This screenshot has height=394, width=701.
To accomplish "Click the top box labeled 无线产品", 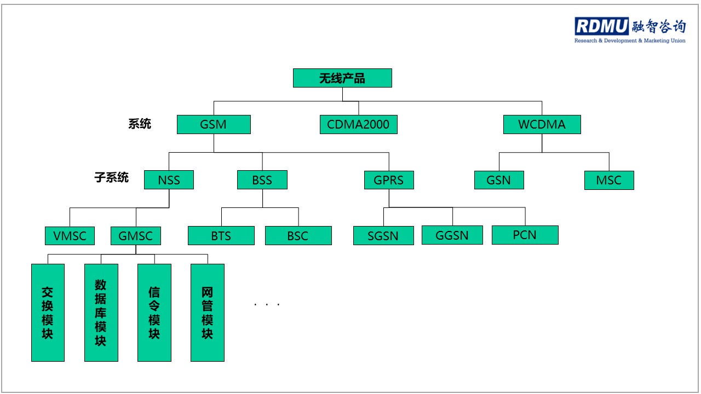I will coord(342,78).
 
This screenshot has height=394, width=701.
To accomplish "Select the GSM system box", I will coord(214,124).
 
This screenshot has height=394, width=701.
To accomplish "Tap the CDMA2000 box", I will coord(358,124).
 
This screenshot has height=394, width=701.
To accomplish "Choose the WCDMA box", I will coord(542,124).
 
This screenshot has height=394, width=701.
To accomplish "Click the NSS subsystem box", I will coord(169,179).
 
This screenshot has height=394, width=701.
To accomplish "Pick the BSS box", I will coord(262,179).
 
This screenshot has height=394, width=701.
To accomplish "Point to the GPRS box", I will coord(389,179).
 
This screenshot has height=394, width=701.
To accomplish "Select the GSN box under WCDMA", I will coord(499,180).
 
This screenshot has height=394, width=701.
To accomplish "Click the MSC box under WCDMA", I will coord(609,180).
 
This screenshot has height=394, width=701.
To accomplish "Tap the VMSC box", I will coord(70,236).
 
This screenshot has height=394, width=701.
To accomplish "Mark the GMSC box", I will coord(136,236).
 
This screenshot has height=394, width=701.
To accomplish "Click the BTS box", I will coord(221,236).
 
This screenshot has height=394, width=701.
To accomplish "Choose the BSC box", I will coord(298,236).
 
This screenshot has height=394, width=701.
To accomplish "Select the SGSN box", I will coord(383,236).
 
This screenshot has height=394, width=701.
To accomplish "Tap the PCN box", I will coord(525,235).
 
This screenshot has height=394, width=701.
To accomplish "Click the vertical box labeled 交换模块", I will coord(48,312).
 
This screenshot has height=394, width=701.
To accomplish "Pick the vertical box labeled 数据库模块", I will coord(101,312).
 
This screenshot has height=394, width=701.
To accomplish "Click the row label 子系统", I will coord(112,177).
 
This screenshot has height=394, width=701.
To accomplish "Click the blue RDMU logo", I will coord(601,26).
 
